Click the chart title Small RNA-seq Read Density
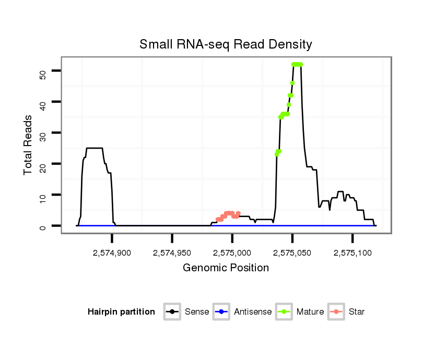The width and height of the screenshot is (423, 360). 226,44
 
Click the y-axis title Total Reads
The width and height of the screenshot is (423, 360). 29,145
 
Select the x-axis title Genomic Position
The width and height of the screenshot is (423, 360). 226,268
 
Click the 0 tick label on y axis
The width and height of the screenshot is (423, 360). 43,226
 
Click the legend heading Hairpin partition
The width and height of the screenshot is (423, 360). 121,312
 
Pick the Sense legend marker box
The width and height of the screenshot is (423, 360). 172,312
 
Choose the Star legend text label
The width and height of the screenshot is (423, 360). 356,312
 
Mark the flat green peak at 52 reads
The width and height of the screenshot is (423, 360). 297,64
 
